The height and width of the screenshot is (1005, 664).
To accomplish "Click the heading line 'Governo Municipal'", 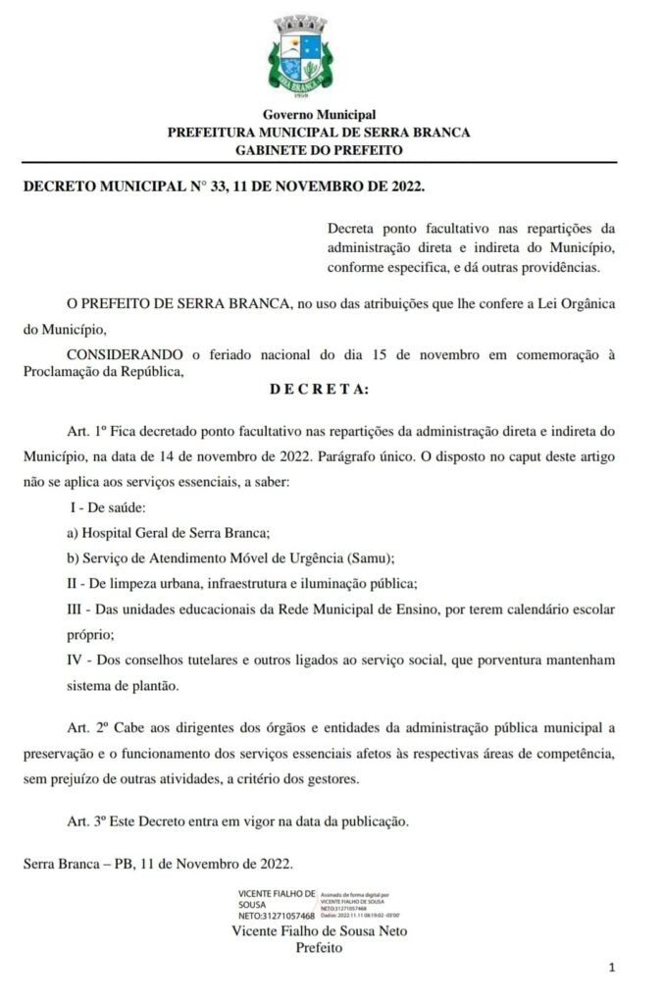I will click(x=319, y=116).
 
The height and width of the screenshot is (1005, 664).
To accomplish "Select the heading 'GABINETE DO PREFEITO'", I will click(x=319, y=149).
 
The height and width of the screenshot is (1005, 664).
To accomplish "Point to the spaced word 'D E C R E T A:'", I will click(x=319, y=390).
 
